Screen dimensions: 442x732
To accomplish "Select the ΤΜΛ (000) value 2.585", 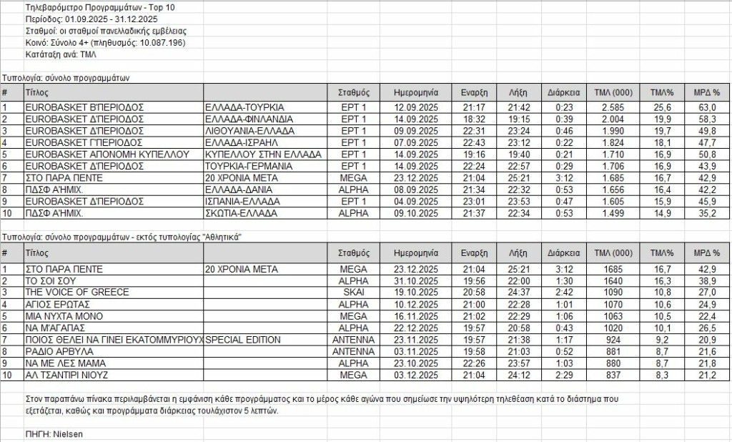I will click(613, 107).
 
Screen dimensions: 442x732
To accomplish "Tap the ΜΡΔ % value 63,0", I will click(706, 107).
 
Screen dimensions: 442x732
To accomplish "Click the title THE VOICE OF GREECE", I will click(77, 292).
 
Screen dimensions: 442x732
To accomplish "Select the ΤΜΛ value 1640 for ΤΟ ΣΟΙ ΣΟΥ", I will click(613, 280).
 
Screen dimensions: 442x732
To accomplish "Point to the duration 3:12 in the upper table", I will click(560, 178).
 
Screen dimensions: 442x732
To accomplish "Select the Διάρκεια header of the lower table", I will click(560, 252).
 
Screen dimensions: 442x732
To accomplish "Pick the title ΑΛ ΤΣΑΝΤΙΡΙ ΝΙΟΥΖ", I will click(69, 375).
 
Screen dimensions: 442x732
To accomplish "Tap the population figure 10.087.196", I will click(159, 43).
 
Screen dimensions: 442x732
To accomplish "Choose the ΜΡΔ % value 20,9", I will click(706, 340).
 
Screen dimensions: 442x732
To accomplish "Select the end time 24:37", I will click(518, 292).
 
